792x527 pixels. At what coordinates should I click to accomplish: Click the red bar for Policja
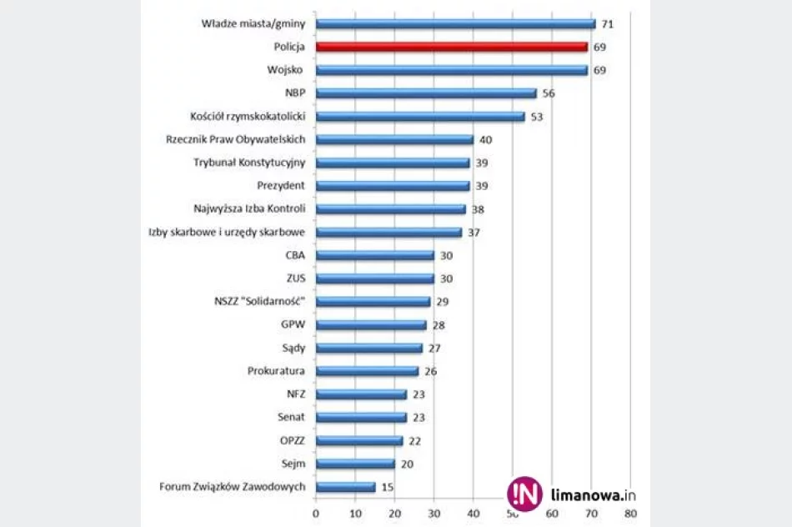451,48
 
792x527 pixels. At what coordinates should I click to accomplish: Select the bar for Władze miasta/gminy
455,24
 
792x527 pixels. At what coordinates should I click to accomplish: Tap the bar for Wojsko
451,70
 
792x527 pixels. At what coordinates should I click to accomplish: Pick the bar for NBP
425,93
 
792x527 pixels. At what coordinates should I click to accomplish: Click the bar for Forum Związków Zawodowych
345,487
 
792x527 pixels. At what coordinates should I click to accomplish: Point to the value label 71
607,24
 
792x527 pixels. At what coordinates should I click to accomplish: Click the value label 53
536,117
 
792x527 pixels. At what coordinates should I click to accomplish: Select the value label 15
387,487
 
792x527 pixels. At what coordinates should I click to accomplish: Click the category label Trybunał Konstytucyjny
249,163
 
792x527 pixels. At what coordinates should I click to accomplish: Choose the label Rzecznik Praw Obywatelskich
235,139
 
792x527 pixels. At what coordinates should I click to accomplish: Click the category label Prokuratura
276,371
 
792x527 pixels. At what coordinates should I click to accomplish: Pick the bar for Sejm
355,464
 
